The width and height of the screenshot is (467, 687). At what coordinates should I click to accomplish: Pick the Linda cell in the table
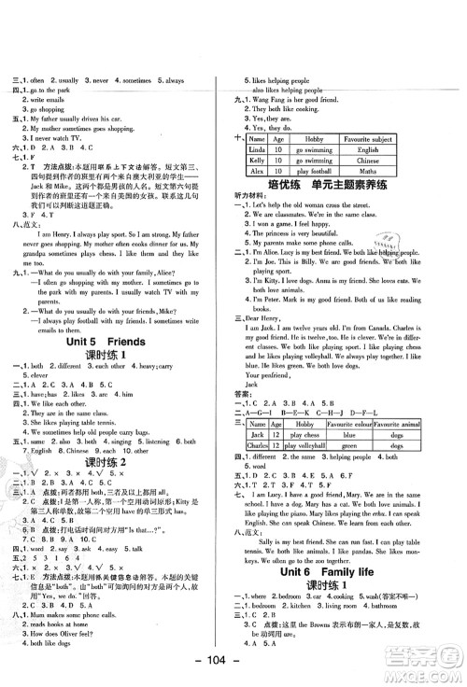click(257, 149)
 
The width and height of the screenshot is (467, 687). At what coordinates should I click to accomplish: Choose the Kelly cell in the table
click(257, 161)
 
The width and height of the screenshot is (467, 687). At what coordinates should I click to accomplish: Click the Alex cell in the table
click(257, 172)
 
